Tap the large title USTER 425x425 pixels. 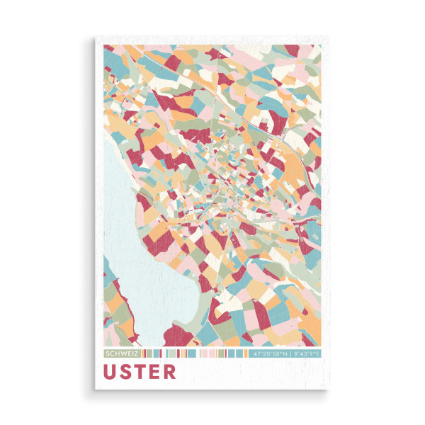pos(140,371)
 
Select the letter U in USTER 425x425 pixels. pos(110,371)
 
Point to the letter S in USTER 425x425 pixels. pos(126,371)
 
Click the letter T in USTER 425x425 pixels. pos(140,371)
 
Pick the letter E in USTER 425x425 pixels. pos(154,371)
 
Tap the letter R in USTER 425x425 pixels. pos(169,371)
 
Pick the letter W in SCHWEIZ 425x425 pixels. pos(122,353)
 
